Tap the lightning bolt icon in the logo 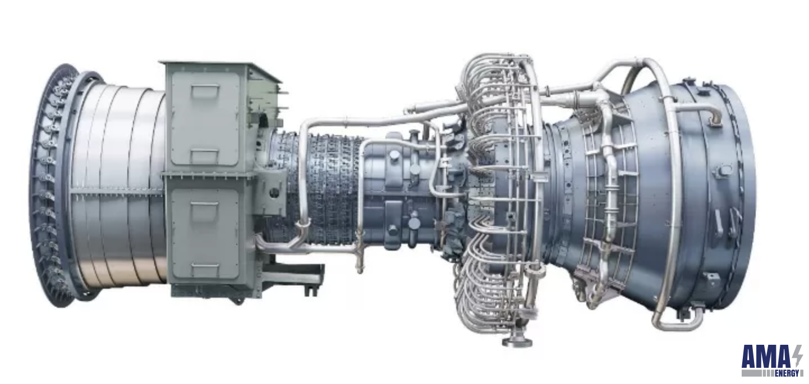(797, 357)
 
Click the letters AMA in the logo (766, 357)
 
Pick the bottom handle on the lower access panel (204, 267)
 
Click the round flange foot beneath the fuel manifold (517, 341)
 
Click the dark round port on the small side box (274, 192)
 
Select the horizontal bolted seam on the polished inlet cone (118, 191)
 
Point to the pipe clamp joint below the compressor (303, 224)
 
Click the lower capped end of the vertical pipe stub (360, 269)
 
